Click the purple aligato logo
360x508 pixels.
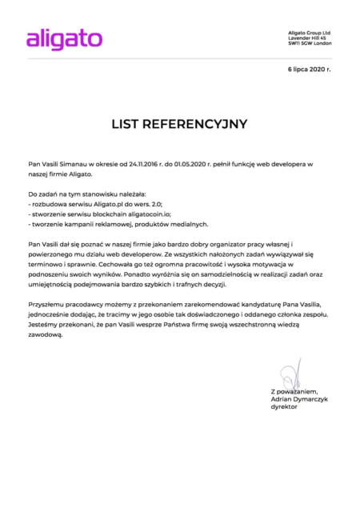pos(64,38)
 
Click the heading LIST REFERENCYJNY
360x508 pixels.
pos(180,124)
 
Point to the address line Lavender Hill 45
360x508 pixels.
pos(307,38)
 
